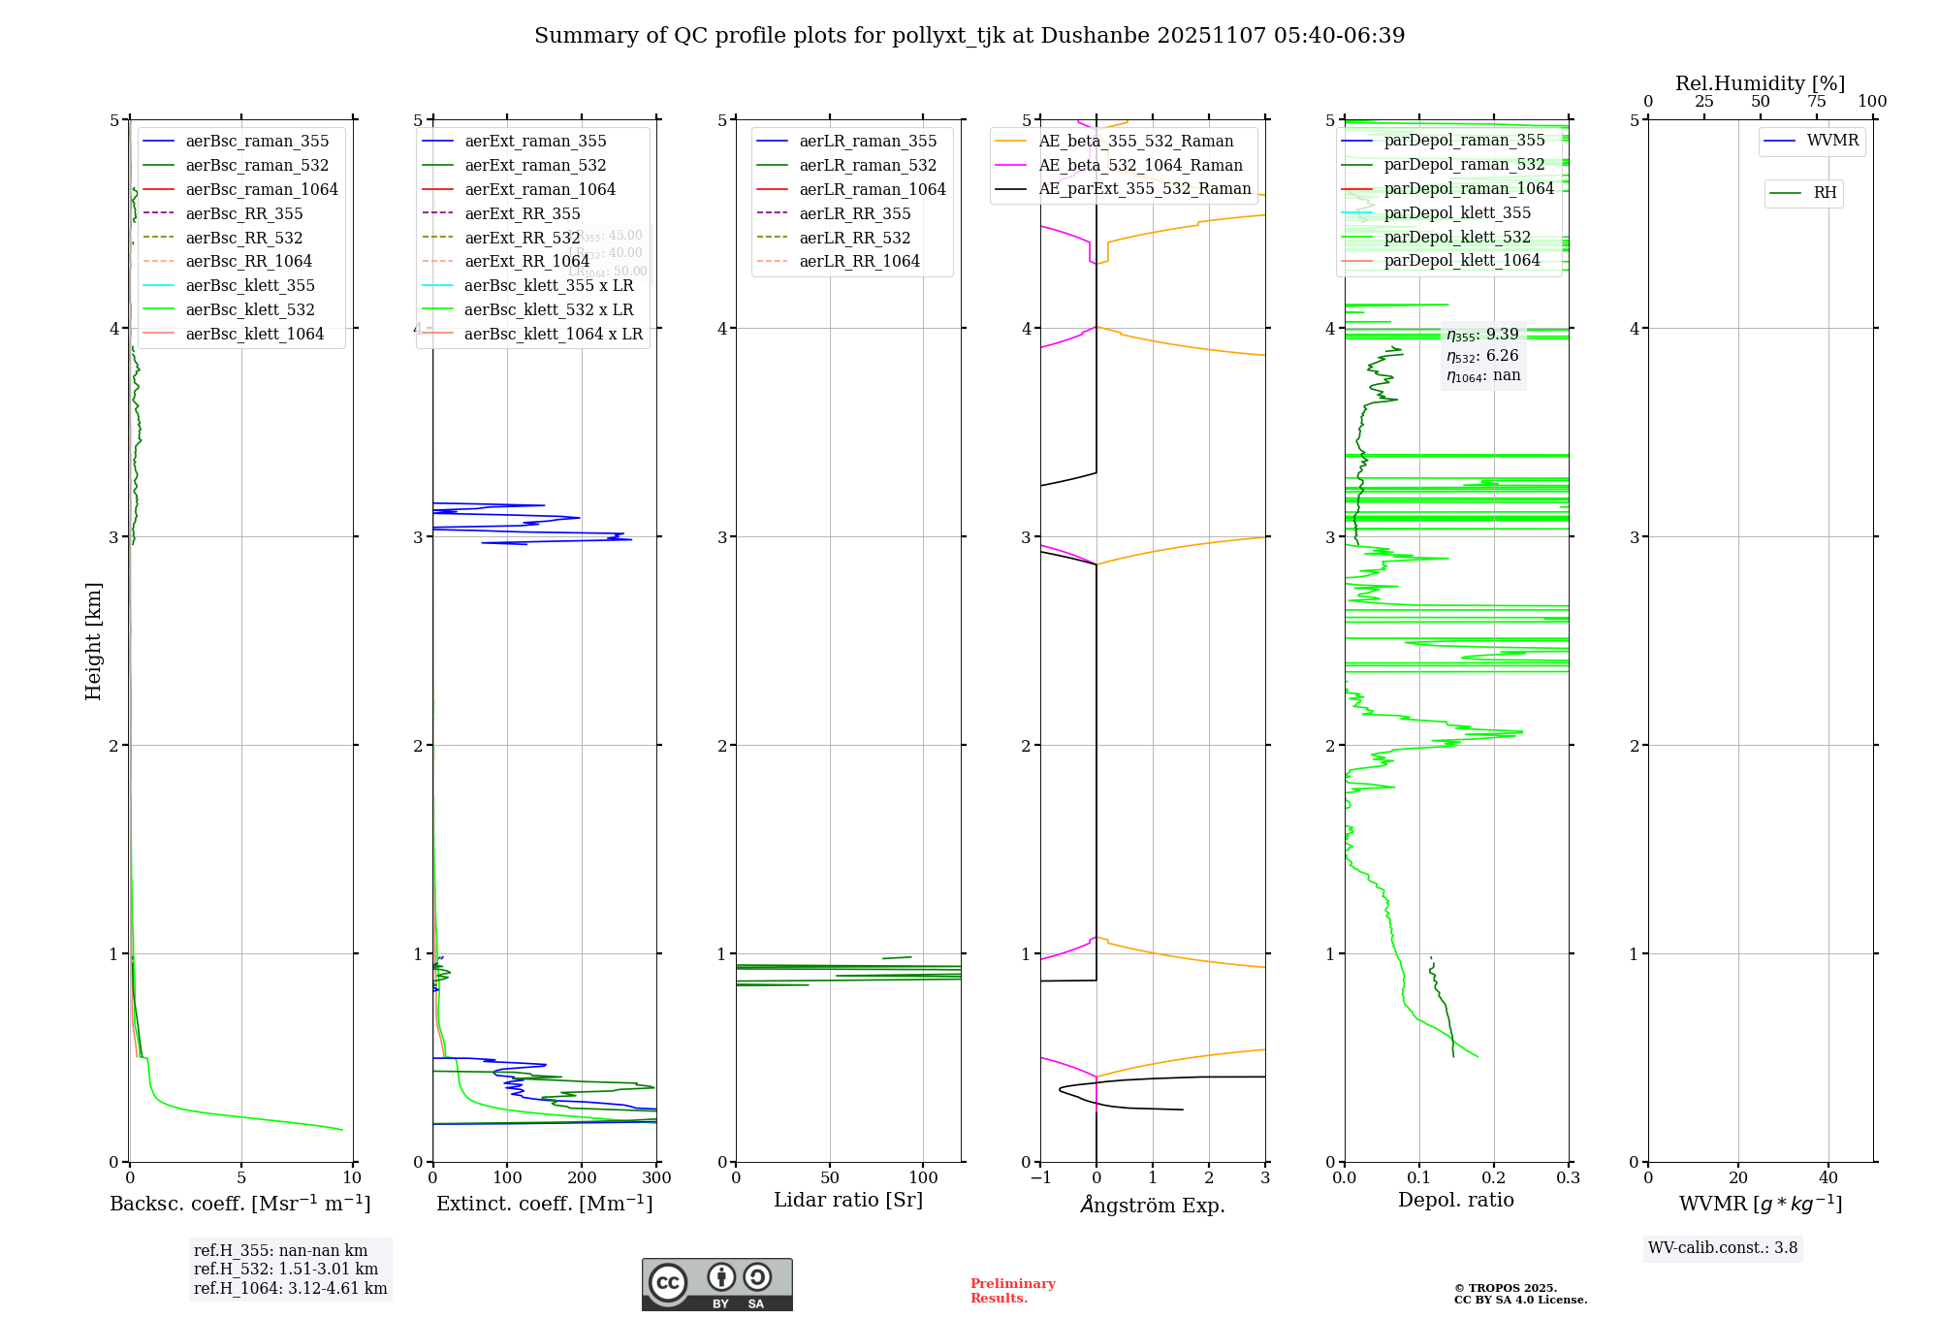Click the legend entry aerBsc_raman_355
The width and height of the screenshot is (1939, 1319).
tap(257, 142)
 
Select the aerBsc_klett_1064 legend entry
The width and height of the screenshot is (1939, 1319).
tap(254, 334)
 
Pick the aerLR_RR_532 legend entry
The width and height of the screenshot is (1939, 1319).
tap(854, 238)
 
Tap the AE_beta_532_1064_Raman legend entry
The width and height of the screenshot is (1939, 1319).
tap(1140, 165)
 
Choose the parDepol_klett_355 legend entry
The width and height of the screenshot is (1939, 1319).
tap(1457, 212)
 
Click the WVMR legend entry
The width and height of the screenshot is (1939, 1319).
tap(1831, 141)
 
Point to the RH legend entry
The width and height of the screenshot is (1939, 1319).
tap(1825, 193)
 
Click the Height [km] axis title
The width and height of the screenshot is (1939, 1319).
tap(93, 641)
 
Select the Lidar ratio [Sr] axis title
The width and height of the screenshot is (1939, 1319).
tap(848, 1200)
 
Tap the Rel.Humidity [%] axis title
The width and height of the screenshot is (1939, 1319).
tap(1760, 83)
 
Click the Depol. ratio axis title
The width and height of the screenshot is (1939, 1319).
tap(1455, 1200)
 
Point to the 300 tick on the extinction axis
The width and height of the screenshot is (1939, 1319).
tap(656, 1177)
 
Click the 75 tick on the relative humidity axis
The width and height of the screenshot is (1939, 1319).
tap(1816, 102)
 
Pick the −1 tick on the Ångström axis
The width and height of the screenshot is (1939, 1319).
tap(1040, 1177)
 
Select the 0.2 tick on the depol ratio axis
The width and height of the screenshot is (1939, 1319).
tap(1494, 1177)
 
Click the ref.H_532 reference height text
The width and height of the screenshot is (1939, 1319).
tap(285, 1269)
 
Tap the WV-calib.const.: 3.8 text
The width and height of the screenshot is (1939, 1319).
tap(1722, 1247)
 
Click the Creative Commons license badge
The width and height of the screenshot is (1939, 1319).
tap(716, 1284)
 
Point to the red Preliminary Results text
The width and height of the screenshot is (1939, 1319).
tap(1012, 1290)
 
